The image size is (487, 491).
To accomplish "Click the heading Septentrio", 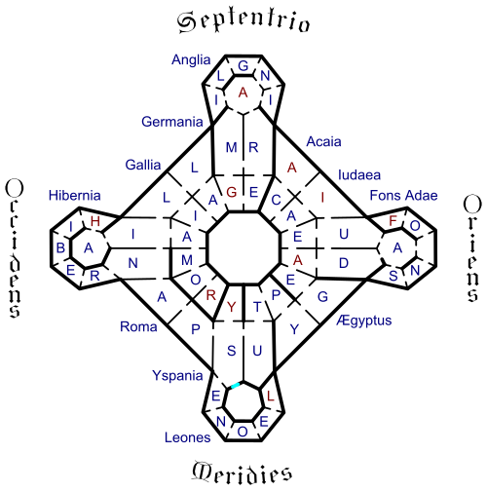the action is pos(243,22).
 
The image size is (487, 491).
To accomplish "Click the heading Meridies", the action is pos(242,473).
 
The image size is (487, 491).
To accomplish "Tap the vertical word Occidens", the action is pos(15,248).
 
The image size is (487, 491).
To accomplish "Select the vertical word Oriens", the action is pos(472,248).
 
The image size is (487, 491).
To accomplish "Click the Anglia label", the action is pos(191,59).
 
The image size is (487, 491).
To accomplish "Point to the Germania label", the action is pos(172,122).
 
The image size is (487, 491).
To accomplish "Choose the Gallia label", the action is pos(143,165).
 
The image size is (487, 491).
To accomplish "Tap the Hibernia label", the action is pos(75,196).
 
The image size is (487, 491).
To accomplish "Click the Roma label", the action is pos(138,326).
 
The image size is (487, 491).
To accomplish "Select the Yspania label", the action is pos(177,376).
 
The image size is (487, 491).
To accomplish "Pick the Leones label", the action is pos(187,437).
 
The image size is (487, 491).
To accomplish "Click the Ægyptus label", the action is pos(364,321).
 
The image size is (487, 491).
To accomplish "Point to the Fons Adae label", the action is pos(403,196).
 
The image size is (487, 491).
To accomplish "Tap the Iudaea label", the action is pos(359,175).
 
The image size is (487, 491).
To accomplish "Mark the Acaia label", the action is pos(323,142).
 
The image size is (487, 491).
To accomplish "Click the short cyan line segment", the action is pos(235,386).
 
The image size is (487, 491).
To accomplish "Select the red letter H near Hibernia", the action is pos(95,221).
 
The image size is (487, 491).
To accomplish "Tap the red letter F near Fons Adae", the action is pos(393,221).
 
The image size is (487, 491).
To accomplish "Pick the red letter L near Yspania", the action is pos(270,396).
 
